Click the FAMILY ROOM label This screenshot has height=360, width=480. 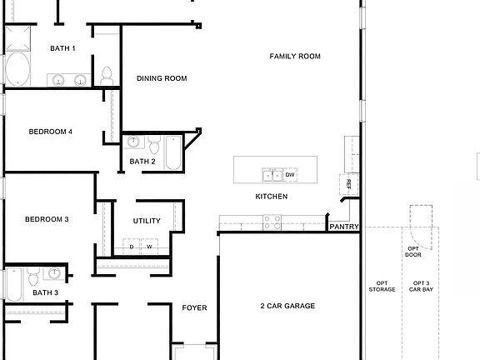[295, 57]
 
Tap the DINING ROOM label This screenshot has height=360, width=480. [162, 78]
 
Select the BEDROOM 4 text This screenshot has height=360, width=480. [51, 132]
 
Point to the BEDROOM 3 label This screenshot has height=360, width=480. [47, 219]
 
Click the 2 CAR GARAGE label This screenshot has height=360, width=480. [287, 306]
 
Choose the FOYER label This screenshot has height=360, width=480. [194, 308]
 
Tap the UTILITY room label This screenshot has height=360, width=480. [147, 221]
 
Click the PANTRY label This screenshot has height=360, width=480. [344, 226]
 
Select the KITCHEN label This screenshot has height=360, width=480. [272, 197]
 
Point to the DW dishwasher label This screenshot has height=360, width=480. [290, 175]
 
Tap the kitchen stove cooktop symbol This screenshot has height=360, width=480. [272, 222]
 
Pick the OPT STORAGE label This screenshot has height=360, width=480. [382, 287]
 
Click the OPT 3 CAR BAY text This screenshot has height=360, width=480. [421, 287]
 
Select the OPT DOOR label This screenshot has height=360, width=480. [413, 251]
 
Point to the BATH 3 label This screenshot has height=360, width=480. [45, 292]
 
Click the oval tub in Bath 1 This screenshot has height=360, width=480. [16, 71]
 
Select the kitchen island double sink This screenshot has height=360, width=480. [272, 175]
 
